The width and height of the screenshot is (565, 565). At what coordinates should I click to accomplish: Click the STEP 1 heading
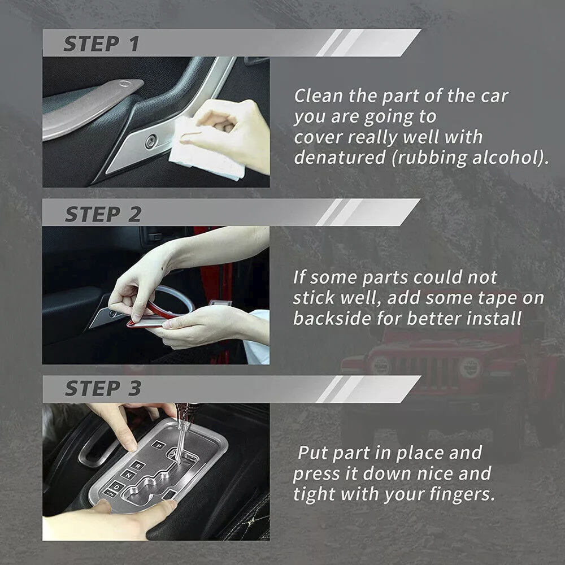tap(102, 44)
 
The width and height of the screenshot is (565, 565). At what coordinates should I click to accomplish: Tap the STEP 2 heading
tap(103, 214)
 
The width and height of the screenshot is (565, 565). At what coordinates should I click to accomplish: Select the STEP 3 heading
tap(103, 388)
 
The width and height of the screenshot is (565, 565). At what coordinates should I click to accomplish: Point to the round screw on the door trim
tap(151, 142)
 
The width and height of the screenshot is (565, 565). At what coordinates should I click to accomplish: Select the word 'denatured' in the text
tap(340, 158)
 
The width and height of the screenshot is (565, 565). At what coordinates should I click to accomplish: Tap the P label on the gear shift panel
tap(158, 445)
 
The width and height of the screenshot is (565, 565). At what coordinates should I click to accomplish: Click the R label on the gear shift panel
tap(137, 466)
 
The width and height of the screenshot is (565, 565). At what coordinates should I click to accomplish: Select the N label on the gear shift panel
tap(128, 475)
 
